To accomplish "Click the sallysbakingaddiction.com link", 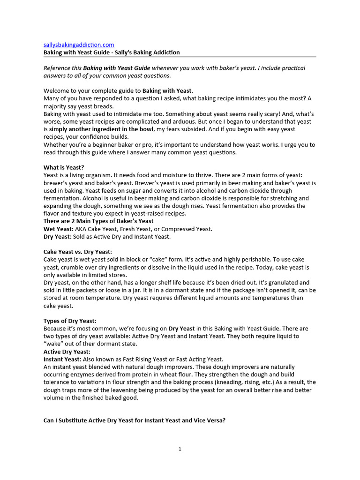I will [x=79, y=45].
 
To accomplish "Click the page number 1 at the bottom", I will [x=180, y=449].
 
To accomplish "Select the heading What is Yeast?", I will [x=64, y=167].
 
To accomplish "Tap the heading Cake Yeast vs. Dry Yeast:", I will [x=78, y=252].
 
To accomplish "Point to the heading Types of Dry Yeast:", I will [x=70, y=321].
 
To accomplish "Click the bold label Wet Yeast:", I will [x=59, y=229].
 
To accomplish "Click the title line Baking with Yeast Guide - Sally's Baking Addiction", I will [x=112, y=52].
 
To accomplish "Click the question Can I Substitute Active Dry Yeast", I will [x=135, y=420].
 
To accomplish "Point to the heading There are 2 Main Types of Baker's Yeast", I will [x=98, y=221].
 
